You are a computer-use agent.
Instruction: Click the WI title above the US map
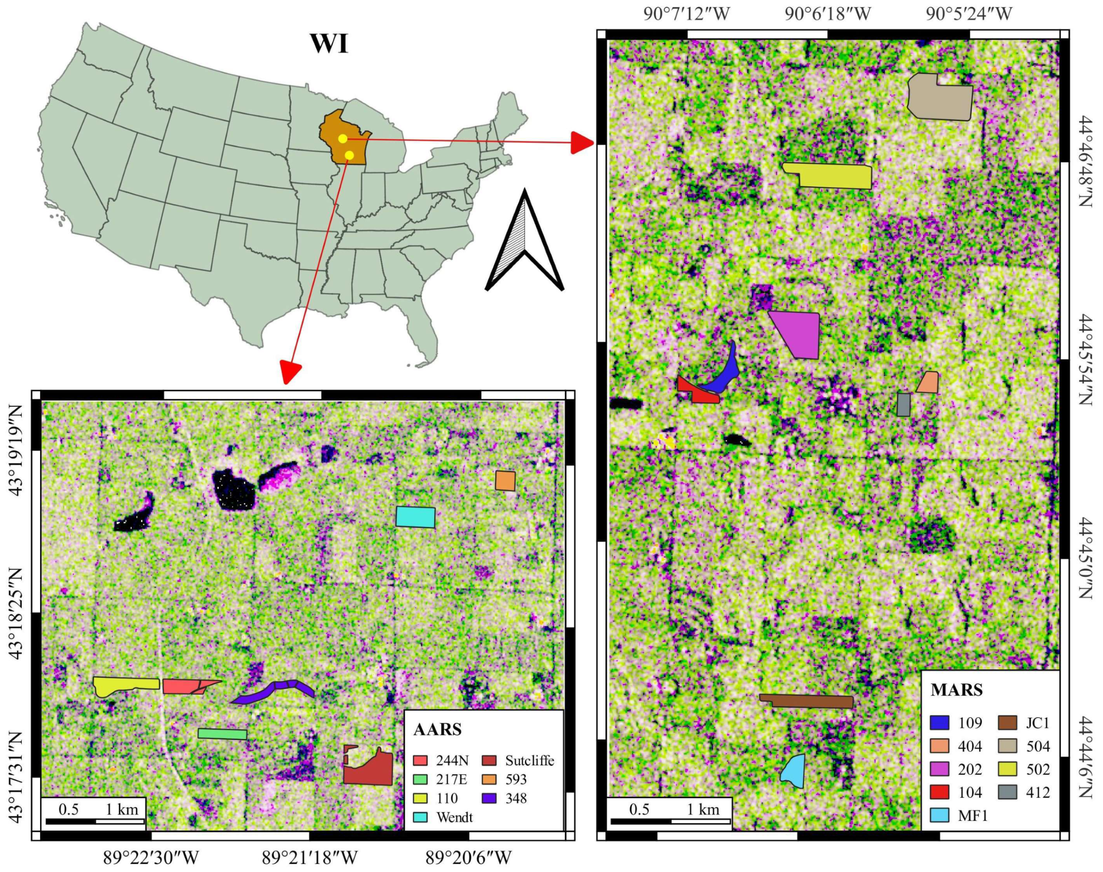click(x=329, y=44)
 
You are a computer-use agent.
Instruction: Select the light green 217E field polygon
click(x=222, y=734)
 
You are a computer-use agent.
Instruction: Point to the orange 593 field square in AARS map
click(x=505, y=481)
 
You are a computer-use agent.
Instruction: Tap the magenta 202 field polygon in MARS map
click(x=800, y=333)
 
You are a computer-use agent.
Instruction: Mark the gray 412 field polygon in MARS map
click(x=903, y=404)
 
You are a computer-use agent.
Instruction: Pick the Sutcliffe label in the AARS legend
click(x=529, y=761)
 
